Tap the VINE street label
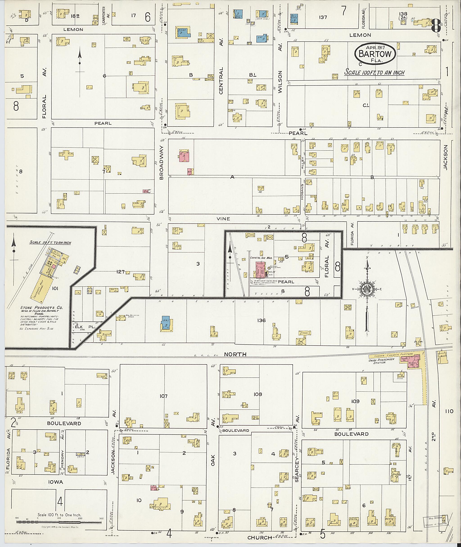coord(223,219)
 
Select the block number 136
coord(261,320)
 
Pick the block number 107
coord(164,396)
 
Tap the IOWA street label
coord(56,482)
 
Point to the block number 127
coord(120,272)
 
